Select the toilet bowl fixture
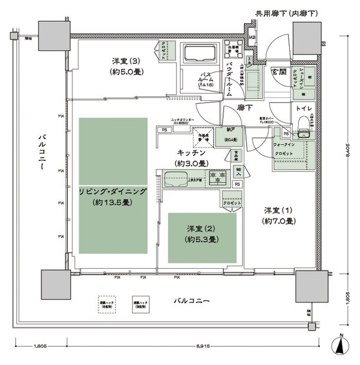305,125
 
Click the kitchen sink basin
174,177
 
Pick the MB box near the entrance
252,39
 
